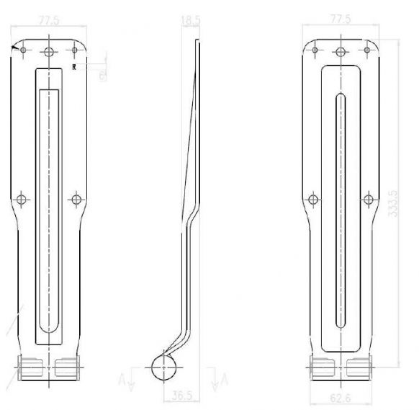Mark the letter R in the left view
(74, 66)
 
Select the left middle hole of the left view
(22, 197)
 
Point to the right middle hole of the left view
(76, 197)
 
